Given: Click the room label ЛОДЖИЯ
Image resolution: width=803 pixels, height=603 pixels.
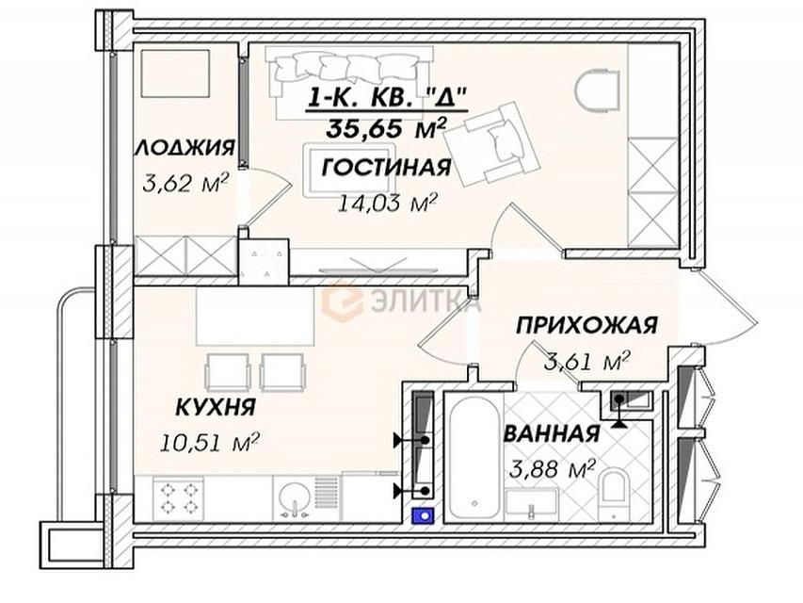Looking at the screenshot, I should (184, 148).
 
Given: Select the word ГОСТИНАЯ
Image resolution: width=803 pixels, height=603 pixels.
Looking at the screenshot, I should (386, 168).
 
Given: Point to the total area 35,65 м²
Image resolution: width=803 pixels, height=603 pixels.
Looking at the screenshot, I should (387, 127).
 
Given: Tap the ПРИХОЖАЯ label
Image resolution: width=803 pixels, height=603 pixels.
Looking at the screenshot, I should (585, 326).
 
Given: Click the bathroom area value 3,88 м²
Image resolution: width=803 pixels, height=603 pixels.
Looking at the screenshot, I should (553, 466).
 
